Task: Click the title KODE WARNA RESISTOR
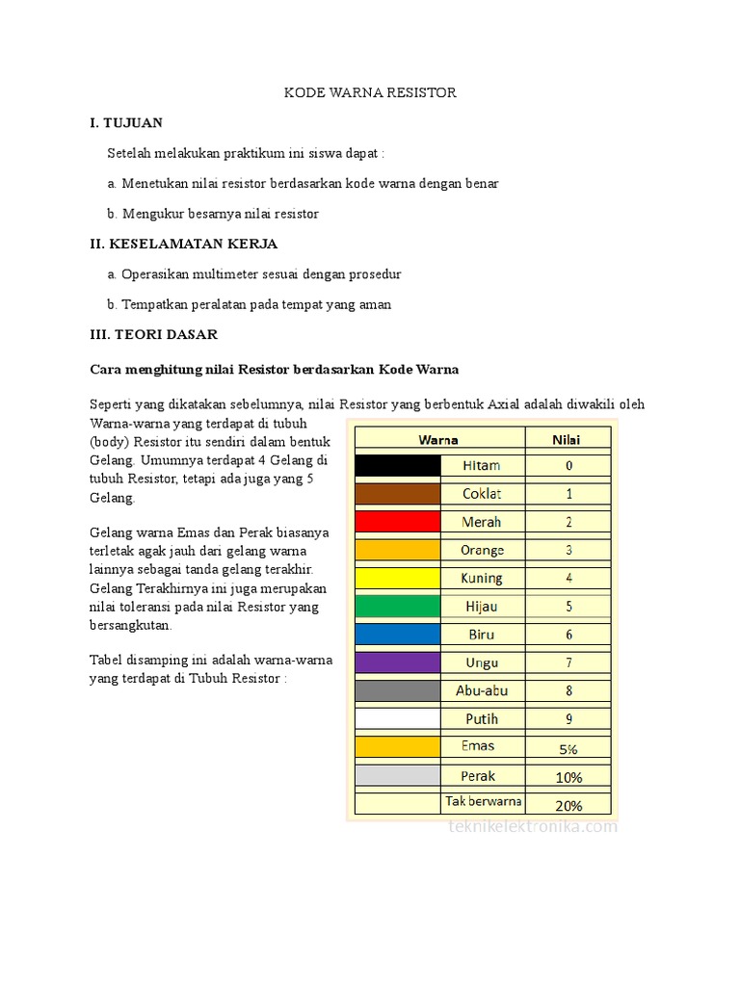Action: tap(369, 92)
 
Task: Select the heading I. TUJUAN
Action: tap(126, 122)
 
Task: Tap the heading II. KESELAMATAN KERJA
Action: tap(183, 244)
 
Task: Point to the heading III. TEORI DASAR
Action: tap(153, 334)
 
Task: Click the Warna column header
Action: tap(438, 439)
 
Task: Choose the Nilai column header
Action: tap(568, 439)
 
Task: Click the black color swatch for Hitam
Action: tap(397, 466)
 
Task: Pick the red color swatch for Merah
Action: tap(397, 522)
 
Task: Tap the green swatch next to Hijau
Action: tap(397, 607)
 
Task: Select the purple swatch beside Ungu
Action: tap(397, 662)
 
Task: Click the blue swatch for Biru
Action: tap(397, 635)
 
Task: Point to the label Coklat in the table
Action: tap(482, 494)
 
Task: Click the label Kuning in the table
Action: tap(482, 579)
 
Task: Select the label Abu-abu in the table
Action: tap(482, 690)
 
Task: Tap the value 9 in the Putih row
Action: tap(568, 718)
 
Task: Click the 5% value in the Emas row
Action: tap(568, 748)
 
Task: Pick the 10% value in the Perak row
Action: tap(568, 776)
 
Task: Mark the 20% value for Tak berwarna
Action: tap(568, 805)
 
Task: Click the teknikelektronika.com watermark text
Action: tap(533, 826)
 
